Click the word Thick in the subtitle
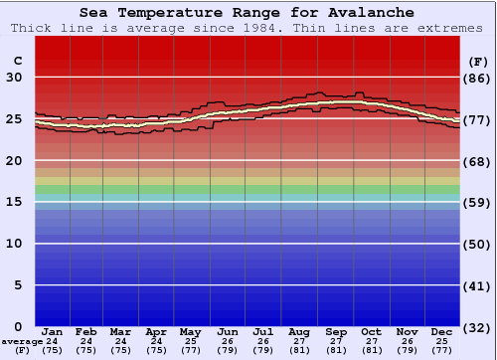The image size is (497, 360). [x=32, y=28]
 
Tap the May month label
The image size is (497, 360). [x=190, y=331]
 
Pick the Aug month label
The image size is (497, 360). [x=299, y=331]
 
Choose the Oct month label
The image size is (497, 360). [x=371, y=331]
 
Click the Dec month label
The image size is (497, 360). [x=441, y=331]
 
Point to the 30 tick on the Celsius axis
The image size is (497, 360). [x=15, y=78]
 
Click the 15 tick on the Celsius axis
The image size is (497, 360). [x=15, y=202]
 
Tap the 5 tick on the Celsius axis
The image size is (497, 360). [x=19, y=285]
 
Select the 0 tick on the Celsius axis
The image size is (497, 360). [x=19, y=326]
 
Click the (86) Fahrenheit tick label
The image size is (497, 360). [x=478, y=78]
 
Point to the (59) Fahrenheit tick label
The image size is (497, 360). [x=478, y=202]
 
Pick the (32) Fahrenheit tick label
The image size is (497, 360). [x=478, y=327]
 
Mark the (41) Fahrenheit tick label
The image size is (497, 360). [x=478, y=285]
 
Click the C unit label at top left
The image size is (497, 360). [x=16, y=61]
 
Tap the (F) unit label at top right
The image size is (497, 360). [x=478, y=61]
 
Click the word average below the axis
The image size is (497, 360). [x=21, y=341]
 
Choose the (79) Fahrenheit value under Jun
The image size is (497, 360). [x=227, y=350]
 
